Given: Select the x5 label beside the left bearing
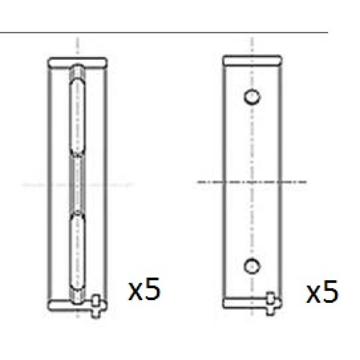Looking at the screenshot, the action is tap(144, 289).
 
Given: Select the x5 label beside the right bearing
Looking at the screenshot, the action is tap(322, 292).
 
